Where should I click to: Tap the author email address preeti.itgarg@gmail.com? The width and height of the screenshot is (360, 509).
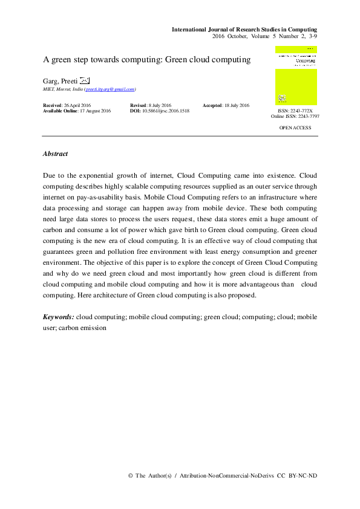point(110,89)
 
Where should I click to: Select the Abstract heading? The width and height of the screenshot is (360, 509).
point(55,154)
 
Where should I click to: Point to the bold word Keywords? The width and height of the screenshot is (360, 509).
point(59,317)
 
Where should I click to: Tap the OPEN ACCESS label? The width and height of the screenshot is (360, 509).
point(295,128)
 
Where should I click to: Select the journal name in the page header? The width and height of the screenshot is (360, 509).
point(244,29)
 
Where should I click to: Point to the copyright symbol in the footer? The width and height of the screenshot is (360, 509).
point(131,476)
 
